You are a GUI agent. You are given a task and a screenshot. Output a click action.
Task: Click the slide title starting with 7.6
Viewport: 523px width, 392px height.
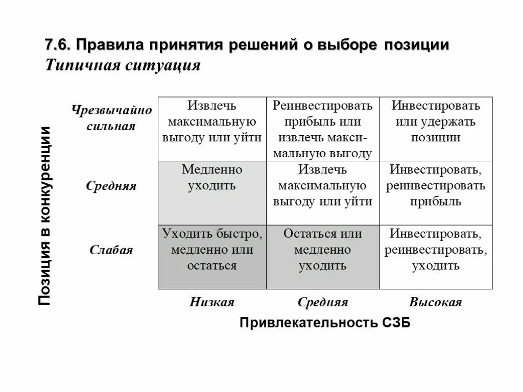tap(247, 45)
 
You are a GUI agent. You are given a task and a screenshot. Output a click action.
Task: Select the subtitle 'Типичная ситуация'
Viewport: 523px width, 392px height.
tap(123, 66)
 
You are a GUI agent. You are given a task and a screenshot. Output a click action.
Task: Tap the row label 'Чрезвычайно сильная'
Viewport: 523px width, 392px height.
tap(111, 118)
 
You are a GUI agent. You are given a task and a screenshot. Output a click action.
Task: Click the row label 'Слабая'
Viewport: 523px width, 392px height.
tap(111, 250)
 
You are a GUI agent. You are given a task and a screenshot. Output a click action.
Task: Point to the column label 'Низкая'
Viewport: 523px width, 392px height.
tap(211, 302)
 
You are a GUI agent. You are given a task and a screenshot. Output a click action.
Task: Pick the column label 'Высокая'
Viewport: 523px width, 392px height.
tap(436, 302)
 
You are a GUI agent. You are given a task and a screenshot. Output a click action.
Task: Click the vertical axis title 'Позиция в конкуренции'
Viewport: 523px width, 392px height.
tap(45, 215)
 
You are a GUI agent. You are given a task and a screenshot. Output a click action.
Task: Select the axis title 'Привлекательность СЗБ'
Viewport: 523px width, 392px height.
tap(325, 323)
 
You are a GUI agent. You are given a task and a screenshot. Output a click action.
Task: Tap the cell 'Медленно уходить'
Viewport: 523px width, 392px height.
tap(212, 177)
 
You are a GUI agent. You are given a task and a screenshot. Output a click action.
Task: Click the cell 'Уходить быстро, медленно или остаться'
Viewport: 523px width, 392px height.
tap(212, 250)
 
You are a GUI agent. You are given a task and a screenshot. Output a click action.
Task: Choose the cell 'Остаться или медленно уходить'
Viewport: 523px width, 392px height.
tap(323, 250)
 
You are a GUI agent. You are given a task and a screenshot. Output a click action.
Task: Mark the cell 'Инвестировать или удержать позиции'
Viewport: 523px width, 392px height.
tap(436, 121)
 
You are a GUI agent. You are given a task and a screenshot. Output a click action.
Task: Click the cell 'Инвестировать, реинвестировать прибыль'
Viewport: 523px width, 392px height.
tap(436, 185)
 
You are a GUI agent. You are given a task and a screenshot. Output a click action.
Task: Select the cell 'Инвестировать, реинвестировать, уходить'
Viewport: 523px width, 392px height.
tap(436, 250)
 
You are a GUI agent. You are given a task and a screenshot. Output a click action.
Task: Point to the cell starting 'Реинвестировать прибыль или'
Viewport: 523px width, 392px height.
tap(323, 129)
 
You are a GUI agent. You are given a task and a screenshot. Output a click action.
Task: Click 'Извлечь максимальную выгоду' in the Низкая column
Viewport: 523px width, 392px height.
tap(212, 121)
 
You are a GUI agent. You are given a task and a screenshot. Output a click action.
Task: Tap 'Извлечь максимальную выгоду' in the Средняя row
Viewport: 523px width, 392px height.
tap(323, 185)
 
